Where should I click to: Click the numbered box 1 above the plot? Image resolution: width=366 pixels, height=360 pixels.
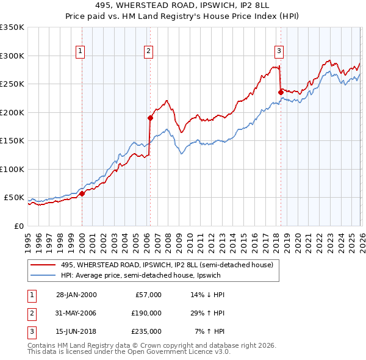pos(81,51)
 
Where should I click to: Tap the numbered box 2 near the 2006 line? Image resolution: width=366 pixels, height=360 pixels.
pos(148,51)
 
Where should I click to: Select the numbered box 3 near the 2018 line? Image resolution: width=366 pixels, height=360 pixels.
pos(279,51)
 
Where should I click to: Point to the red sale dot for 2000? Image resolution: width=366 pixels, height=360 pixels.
pos(82,194)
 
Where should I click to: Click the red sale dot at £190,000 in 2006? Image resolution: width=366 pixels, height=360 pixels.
pos(150,118)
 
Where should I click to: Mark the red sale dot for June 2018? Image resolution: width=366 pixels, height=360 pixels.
pos(281,92)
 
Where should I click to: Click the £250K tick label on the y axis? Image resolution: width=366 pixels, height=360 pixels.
pos(12,84)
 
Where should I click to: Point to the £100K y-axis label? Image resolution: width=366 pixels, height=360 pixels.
pos(12,169)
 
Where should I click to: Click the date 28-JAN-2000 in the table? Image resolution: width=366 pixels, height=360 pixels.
pos(76,294)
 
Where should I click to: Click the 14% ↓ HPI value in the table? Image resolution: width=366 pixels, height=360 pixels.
pos(207,294)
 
